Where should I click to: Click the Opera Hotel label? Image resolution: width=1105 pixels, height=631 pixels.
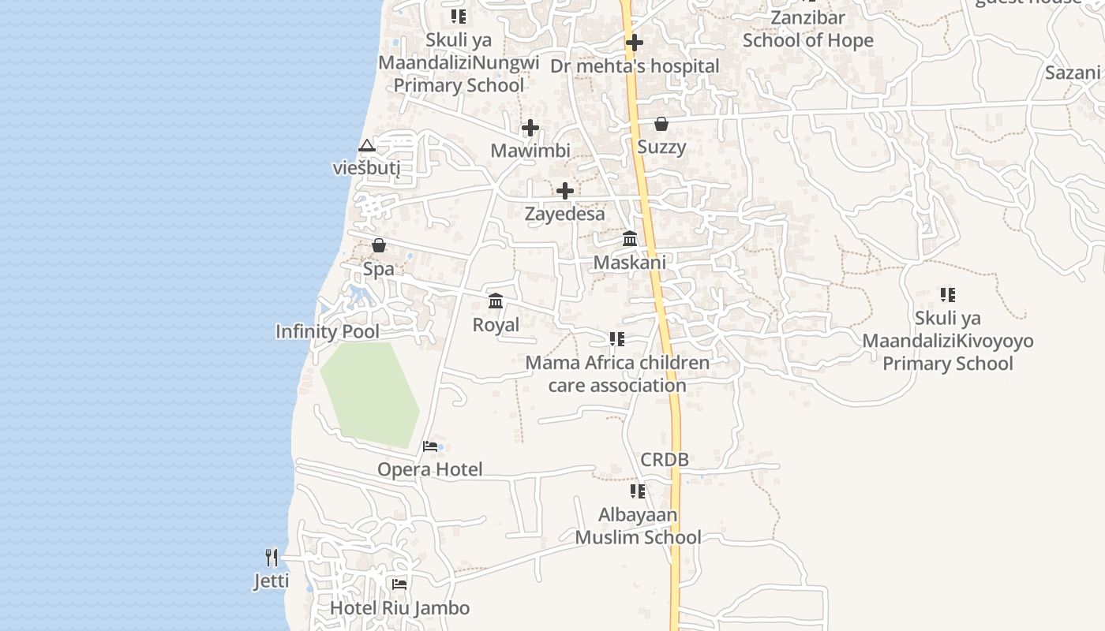[x=429, y=469]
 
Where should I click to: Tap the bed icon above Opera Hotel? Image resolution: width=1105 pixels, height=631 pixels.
[x=430, y=446]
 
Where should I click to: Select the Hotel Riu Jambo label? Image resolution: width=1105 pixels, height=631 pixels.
[x=399, y=608]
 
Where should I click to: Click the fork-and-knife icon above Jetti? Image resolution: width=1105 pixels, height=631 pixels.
[x=272, y=558]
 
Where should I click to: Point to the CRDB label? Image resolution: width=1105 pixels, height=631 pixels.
[x=665, y=459]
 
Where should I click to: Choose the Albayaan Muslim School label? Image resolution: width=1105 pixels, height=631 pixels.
[x=638, y=526]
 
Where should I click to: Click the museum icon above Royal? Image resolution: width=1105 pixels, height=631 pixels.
[x=496, y=301]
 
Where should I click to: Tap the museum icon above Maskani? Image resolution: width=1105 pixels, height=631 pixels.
[x=630, y=238]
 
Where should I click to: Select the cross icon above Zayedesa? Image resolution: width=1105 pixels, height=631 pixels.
[x=565, y=190]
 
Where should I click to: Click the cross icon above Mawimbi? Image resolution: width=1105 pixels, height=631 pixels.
[x=530, y=127]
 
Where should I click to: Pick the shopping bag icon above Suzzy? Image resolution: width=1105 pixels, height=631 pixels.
[x=661, y=124]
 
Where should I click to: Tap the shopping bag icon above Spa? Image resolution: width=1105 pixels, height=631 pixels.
[x=379, y=245]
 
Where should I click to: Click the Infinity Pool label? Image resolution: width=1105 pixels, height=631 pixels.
[x=327, y=331]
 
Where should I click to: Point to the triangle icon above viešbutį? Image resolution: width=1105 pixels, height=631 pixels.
[x=366, y=146]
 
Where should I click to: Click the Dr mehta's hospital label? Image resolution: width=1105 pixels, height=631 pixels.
[x=635, y=66]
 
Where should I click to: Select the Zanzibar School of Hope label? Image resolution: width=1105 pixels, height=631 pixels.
[x=808, y=29]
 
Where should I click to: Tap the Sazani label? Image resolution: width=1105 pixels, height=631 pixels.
[x=1072, y=73]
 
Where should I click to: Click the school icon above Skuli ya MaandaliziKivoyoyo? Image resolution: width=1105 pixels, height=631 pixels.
[x=947, y=295]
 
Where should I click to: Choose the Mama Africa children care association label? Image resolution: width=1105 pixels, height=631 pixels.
[x=617, y=374]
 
